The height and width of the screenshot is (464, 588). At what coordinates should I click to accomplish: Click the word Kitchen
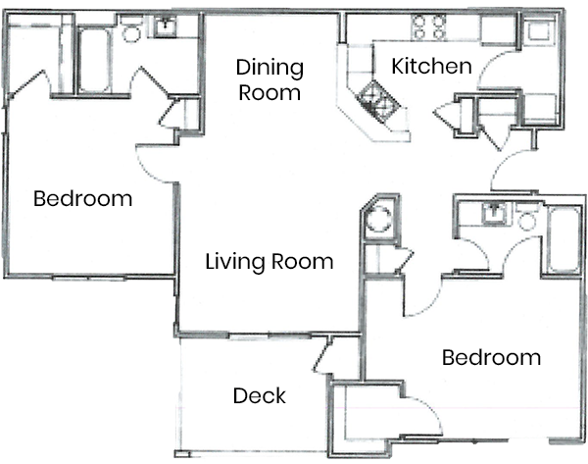(432, 68)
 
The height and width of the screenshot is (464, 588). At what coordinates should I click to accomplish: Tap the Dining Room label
(269, 81)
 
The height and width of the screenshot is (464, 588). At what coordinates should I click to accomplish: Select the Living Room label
(269, 263)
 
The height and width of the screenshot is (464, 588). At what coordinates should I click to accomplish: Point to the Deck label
(260, 396)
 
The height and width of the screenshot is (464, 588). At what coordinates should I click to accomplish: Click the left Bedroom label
(82, 199)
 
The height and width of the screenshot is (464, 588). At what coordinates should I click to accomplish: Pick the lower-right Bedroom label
(491, 357)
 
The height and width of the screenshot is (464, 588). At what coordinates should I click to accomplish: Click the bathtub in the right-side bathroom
(563, 240)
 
